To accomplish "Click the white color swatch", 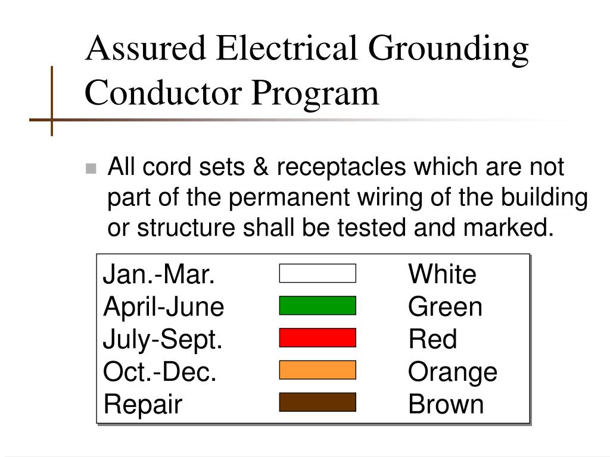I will (318, 273).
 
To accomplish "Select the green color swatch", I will (318, 305).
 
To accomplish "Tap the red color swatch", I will (318, 337).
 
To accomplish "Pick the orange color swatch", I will (318, 370).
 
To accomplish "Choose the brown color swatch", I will (318, 402).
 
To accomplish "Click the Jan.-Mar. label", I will (159, 275).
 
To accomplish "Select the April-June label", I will (164, 307).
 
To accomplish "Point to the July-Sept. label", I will (163, 339).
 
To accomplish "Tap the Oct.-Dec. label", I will (160, 372).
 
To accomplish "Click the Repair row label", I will (143, 404).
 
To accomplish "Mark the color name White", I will (442, 275).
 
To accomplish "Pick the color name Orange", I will (453, 372).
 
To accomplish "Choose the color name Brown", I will (446, 404).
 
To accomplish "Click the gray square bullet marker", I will (91, 168).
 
